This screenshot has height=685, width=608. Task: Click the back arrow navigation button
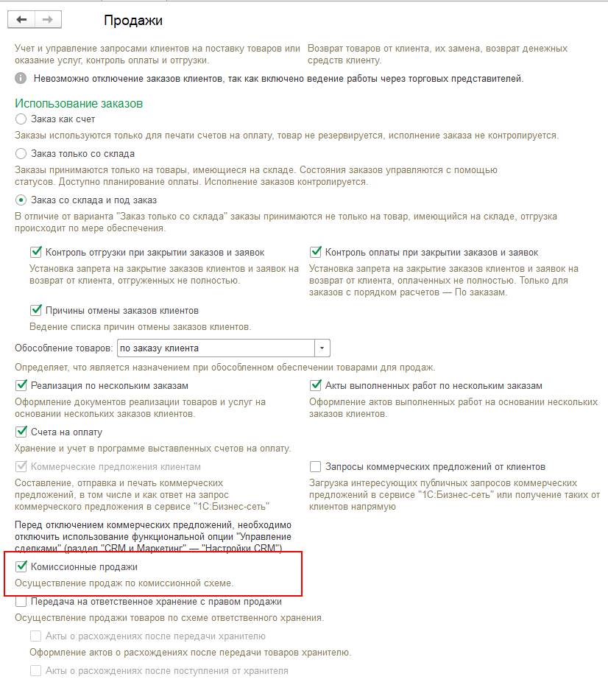tap(21, 20)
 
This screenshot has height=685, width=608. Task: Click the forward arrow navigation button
tap(47, 20)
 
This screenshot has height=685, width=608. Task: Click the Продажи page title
tap(132, 21)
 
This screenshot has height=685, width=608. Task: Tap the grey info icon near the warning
tap(21, 79)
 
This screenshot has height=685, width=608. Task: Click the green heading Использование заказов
tap(79, 104)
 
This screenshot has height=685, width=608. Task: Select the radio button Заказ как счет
tap(21, 119)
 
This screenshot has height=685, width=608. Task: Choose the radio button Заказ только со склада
tap(21, 154)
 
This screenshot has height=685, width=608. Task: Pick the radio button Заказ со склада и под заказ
tap(21, 200)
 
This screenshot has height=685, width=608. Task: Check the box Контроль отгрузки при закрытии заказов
tap(35, 252)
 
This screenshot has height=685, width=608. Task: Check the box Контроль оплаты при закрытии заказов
tap(316, 252)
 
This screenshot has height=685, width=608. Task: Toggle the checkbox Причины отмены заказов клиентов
tap(35, 310)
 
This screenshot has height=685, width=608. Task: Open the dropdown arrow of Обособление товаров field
tap(322, 348)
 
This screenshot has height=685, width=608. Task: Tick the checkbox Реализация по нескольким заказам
tap(21, 385)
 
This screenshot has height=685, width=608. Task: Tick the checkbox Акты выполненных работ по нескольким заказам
tap(316, 385)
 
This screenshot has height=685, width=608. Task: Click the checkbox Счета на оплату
tap(21, 432)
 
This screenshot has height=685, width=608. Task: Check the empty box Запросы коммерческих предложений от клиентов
tap(316, 466)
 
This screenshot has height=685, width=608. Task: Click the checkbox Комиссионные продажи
tap(21, 567)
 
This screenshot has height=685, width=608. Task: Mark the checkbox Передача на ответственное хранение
tap(21, 602)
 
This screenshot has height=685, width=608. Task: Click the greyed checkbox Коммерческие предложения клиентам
tap(21, 466)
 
